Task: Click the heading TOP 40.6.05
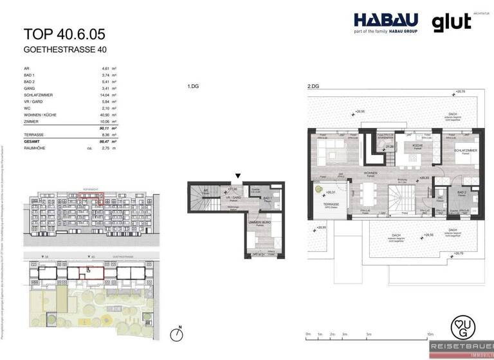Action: pyautogui.click(x=64, y=34)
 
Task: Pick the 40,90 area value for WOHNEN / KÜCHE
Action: pyautogui.click(x=106, y=115)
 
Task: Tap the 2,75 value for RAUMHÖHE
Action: pyautogui.click(x=107, y=148)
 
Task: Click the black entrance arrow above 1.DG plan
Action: pyautogui.click(x=239, y=175)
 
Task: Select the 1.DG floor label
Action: pyautogui.click(x=192, y=86)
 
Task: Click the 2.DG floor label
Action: pyautogui.click(x=313, y=86)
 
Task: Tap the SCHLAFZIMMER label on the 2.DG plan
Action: pyautogui.click(x=457, y=150)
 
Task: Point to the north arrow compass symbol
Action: pyautogui.click(x=176, y=334)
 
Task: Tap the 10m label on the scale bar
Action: pyautogui.click(x=429, y=334)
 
